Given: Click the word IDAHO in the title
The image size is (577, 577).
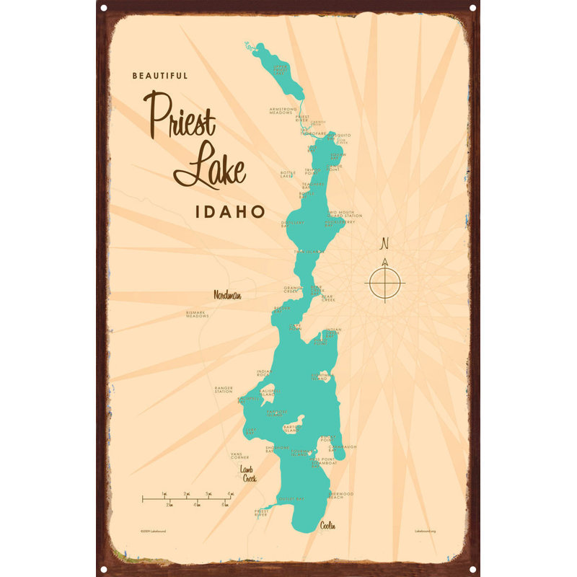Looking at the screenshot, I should [229, 213].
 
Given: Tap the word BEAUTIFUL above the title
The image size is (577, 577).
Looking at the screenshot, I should [160, 75].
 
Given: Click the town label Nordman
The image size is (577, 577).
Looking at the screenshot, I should [226, 295].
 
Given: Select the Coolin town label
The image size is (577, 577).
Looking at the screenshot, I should [328, 526].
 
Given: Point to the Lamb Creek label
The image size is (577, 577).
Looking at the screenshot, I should [248, 474].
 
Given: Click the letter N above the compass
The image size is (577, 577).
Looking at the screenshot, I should [384, 242].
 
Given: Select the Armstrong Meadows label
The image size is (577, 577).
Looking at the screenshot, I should [282, 111].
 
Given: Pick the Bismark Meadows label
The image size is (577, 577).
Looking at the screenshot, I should [197, 314].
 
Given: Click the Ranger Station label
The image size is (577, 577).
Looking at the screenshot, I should [224, 389].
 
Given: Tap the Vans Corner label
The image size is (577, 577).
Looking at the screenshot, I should [239, 456].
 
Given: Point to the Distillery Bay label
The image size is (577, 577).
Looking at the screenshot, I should [292, 223].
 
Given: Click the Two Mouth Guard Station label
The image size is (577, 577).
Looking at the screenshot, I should [344, 214].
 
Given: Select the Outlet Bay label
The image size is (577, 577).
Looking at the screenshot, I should [291, 499].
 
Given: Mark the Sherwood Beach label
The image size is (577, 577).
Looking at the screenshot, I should [341, 495].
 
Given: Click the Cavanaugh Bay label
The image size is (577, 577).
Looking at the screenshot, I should [343, 448].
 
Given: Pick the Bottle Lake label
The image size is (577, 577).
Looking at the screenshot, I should [288, 175].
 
